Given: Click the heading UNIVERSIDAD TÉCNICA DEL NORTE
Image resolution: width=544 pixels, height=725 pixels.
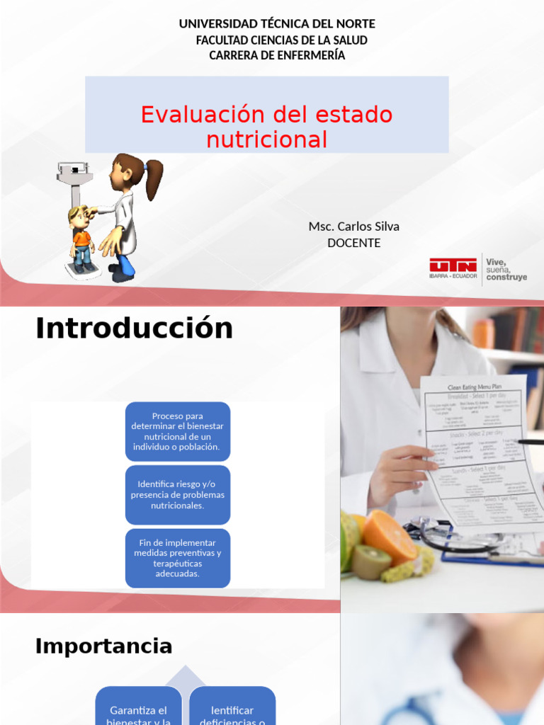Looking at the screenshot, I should click(277, 24).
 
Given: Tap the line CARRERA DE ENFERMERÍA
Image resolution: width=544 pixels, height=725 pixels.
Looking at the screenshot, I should click(277, 55).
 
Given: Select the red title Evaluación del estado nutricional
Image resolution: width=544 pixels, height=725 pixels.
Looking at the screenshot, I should click(266, 127).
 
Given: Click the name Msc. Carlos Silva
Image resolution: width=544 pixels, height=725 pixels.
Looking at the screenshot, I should click(353, 227).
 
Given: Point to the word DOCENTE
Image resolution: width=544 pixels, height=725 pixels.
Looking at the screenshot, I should click(353, 243).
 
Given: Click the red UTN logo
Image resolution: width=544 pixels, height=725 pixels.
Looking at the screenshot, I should click(453, 266).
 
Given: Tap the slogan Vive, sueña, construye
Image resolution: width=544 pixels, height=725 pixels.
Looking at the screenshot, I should click(506, 270).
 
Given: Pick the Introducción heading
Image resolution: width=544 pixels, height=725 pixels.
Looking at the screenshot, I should click(134, 329).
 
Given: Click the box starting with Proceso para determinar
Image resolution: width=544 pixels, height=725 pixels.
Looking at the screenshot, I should click(178, 432).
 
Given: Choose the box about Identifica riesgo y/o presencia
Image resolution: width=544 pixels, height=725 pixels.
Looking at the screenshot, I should click(178, 495).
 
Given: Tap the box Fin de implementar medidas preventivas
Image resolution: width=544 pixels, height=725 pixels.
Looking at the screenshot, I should click(178, 558).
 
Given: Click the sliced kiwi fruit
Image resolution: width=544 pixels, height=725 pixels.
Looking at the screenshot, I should click(372, 561).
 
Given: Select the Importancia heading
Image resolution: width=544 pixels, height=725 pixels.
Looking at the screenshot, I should click(103, 646).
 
